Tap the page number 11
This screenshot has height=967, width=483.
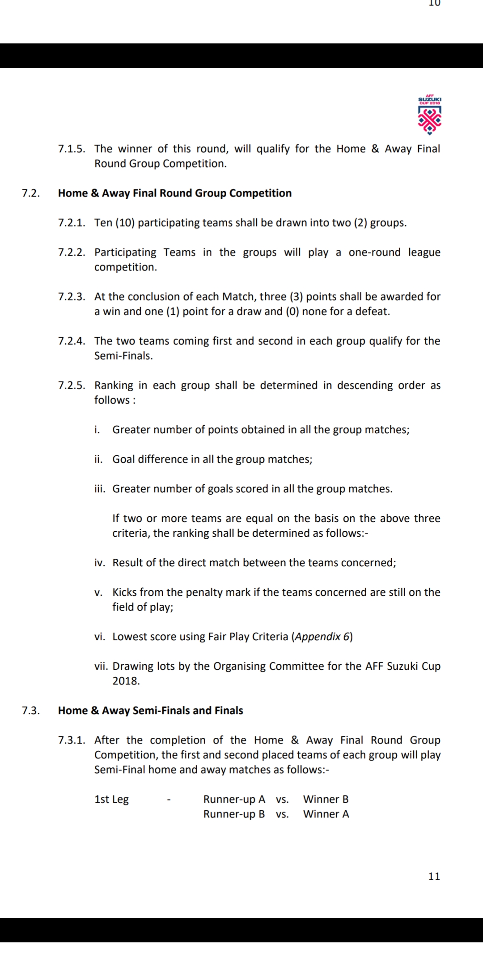pyautogui.click(x=434, y=876)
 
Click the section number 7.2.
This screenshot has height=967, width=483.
pyautogui.click(x=30, y=193)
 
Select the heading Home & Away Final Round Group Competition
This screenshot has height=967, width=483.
pyautogui.click(x=174, y=193)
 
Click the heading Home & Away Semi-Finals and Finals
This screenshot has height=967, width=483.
pyautogui.click(x=150, y=710)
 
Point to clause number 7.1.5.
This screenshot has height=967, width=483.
pyautogui.click(x=72, y=149)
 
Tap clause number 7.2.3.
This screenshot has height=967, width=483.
pyautogui.click(x=72, y=296)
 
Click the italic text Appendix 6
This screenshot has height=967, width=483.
pyautogui.click(x=322, y=637)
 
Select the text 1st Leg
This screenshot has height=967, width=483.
pyautogui.click(x=111, y=799)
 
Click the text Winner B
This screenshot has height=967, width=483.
pyautogui.click(x=326, y=799)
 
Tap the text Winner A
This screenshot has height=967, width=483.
pyautogui.click(x=326, y=814)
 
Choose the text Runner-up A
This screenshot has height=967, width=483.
pyautogui.click(x=234, y=799)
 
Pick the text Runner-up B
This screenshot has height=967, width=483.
pyautogui.click(x=234, y=814)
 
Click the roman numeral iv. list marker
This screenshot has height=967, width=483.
pyautogui.click(x=99, y=563)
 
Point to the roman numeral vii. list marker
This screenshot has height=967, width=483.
pyautogui.click(x=101, y=666)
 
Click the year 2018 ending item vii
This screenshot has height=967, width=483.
pyautogui.click(x=126, y=681)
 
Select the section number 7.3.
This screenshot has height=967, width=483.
pyautogui.click(x=30, y=710)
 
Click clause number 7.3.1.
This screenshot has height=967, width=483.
pyautogui.click(x=72, y=740)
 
